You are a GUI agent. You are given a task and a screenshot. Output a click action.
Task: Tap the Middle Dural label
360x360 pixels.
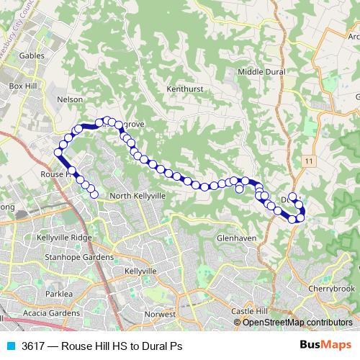[x=261, y=72]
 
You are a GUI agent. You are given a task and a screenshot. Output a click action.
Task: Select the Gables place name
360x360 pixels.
[x=32, y=55]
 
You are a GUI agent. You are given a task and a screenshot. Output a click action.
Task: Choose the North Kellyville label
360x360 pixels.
[x=138, y=196]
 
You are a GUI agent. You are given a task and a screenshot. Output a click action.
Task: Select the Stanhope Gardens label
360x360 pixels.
[x=78, y=257]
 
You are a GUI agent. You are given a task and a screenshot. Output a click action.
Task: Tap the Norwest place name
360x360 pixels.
[x=160, y=315]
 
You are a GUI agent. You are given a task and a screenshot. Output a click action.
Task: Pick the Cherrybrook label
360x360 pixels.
[x=332, y=288]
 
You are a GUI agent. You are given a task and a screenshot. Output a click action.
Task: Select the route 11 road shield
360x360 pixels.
[x=308, y=160]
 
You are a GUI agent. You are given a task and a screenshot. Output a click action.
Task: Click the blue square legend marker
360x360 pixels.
[x=11, y=346]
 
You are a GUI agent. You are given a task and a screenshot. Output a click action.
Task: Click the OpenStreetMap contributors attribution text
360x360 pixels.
[x=297, y=323]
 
